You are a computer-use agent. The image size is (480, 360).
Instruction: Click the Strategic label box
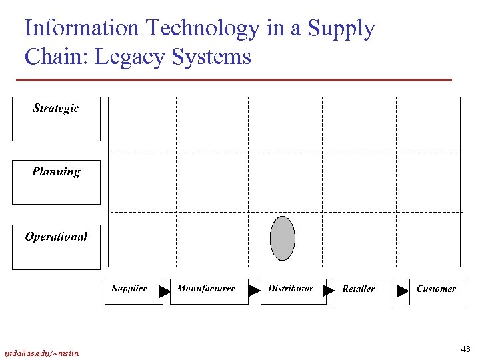click(x=56, y=119)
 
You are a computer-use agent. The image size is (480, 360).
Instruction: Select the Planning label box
click(x=56, y=181)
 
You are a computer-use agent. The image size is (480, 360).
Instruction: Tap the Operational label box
click(x=56, y=247)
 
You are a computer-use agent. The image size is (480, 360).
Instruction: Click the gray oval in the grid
click(x=282, y=238)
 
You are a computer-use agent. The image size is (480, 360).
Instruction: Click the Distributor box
click(x=291, y=291)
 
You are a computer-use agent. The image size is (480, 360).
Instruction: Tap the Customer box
click(x=437, y=291)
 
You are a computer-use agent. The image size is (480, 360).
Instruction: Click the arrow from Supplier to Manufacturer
click(x=165, y=291)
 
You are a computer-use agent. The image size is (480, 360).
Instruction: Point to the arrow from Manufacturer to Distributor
click(x=253, y=291)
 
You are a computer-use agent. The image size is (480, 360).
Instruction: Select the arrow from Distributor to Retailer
click(x=329, y=291)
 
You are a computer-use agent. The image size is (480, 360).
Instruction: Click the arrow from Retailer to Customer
click(x=403, y=291)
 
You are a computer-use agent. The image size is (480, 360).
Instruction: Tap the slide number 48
click(x=465, y=349)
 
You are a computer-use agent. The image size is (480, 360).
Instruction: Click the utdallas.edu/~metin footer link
click(x=41, y=353)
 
